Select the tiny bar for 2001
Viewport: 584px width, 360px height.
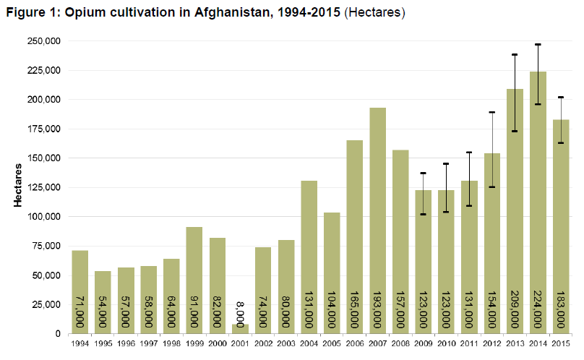240,329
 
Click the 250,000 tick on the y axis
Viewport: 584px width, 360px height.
44,41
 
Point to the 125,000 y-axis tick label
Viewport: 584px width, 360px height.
44,187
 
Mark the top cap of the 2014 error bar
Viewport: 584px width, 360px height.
538,45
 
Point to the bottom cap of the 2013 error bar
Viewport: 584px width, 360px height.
515,131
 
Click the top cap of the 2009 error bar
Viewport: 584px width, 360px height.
424,173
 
